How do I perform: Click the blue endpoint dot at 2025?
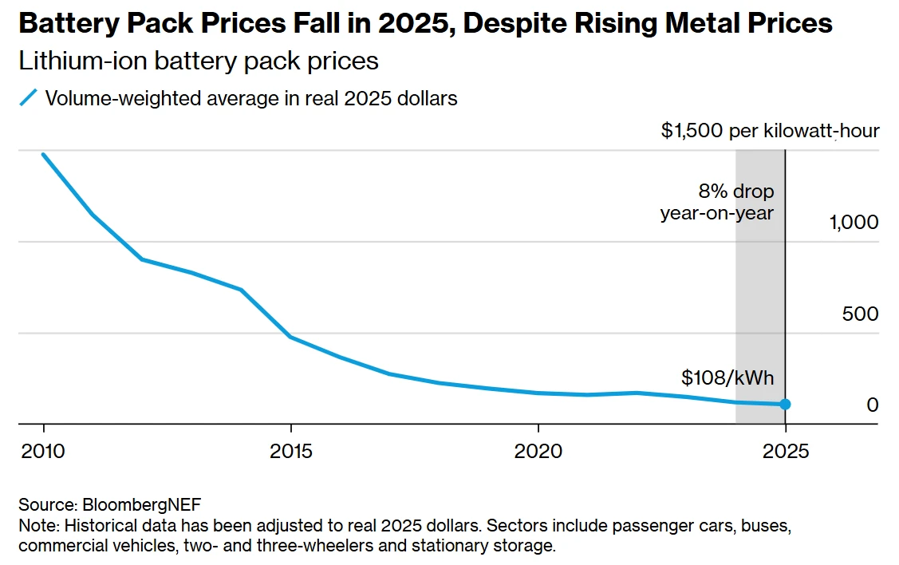[x=785, y=404]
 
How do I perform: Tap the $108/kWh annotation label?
[x=727, y=377]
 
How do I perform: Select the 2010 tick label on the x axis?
[x=43, y=451]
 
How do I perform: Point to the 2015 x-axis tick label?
[x=291, y=451]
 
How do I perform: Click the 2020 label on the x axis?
[x=538, y=451]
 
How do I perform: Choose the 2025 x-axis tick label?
[x=786, y=451]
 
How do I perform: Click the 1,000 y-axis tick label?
[x=854, y=223]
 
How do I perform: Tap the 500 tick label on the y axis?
[x=860, y=314]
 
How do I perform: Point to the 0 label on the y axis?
[x=872, y=405]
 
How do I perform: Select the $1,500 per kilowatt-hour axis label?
[x=770, y=131]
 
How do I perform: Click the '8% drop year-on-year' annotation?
[x=718, y=203]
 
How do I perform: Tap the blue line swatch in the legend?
[x=29, y=98]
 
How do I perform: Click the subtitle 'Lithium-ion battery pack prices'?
[x=198, y=61]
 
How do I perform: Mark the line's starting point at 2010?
[x=43, y=154]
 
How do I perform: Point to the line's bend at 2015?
[x=291, y=337]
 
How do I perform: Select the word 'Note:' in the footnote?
[x=38, y=526]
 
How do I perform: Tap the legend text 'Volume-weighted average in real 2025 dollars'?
[x=251, y=98]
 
